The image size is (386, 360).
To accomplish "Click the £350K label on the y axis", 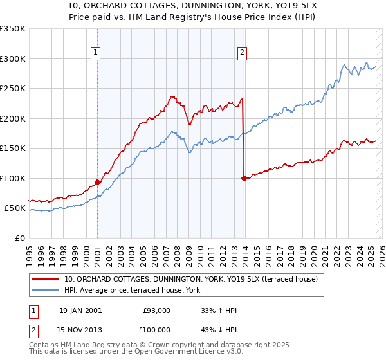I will coord(13,29).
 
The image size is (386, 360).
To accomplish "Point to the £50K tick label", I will coord(15,208).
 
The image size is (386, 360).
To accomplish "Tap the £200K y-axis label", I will coord(13,118).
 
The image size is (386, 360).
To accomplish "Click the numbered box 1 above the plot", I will coord(96,53).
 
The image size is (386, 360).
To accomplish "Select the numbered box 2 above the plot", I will coord(243,53).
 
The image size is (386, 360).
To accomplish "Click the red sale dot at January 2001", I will coord(97,182).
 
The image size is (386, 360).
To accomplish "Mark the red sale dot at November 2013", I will coord(244,178).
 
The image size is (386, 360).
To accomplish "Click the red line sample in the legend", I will coord(45,279).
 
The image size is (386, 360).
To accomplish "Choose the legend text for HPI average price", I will coord(132,290).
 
